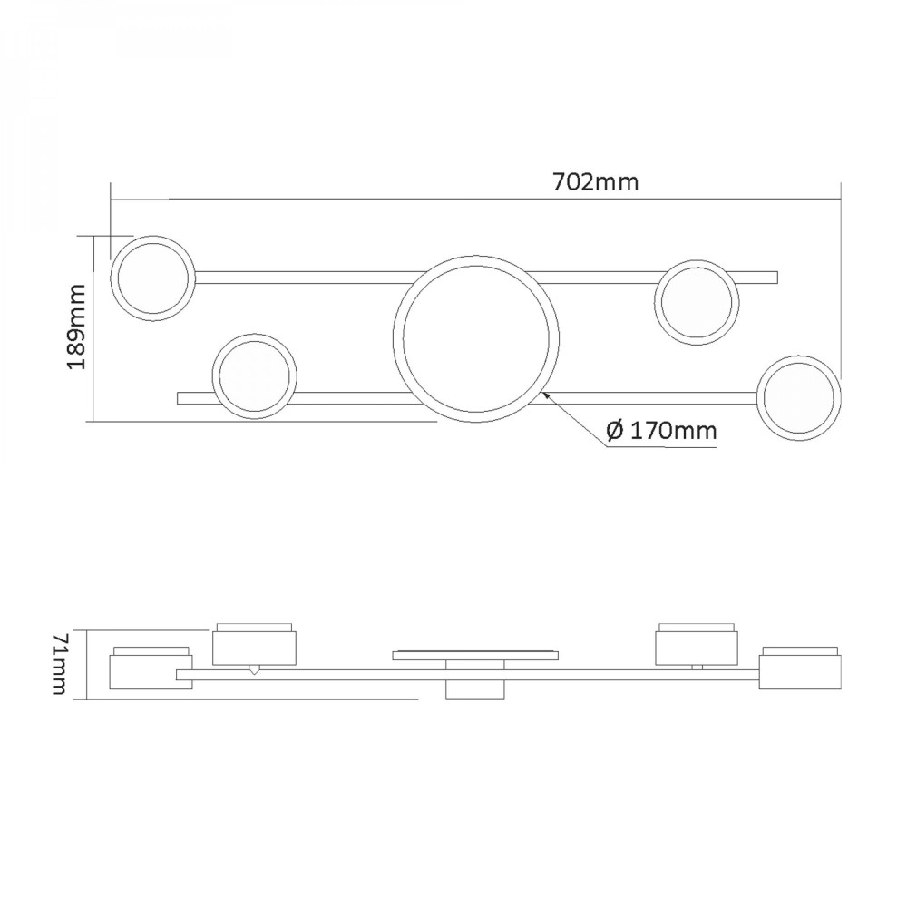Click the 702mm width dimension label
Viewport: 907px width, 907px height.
[x=596, y=182]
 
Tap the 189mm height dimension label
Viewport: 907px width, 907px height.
[x=76, y=327]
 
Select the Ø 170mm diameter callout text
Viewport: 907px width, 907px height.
[x=661, y=431]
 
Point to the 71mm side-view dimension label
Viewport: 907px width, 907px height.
[x=60, y=664]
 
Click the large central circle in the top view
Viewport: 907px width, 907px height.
[x=394, y=339]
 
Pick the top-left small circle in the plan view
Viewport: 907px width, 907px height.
[x=111, y=278]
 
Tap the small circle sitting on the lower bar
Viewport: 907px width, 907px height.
[x=212, y=376]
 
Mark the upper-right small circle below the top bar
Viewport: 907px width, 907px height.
[x=655, y=303]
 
